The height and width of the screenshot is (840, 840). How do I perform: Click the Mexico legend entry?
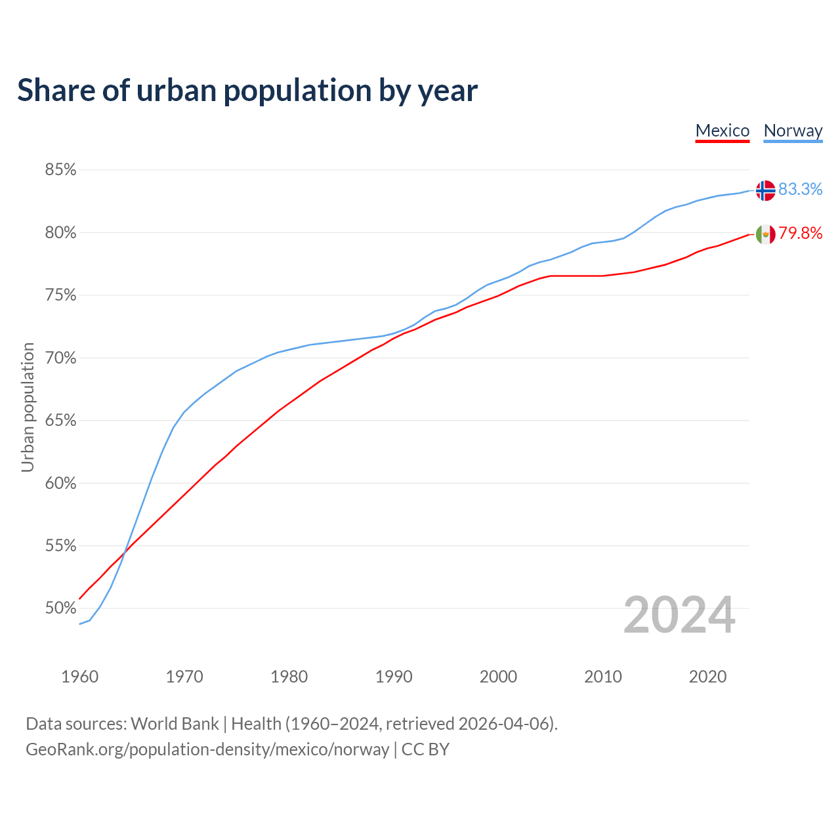click(722, 131)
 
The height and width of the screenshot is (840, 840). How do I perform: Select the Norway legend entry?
click(793, 131)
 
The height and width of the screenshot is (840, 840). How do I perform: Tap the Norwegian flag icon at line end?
click(765, 190)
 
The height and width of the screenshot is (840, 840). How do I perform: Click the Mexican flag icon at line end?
click(765, 234)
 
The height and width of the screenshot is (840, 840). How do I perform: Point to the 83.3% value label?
click(800, 189)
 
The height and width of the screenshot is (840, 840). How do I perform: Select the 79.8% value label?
click(800, 234)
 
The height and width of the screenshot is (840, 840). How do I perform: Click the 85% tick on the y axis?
click(60, 170)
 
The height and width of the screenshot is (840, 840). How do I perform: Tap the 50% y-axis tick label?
click(60, 608)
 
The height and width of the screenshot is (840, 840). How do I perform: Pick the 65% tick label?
click(60, 421)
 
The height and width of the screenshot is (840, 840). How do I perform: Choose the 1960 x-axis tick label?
click(80, 677)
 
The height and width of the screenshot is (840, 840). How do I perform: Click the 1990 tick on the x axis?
click(394, 677)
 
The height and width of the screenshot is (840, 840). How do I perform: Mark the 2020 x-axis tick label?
click(707, 677)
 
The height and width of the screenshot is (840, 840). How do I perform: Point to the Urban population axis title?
click(28, 407)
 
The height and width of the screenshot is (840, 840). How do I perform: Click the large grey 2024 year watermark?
click(679, 615)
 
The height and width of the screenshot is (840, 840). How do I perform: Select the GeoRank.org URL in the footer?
click(207, 749)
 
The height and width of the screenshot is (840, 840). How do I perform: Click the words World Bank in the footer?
click(175, 724)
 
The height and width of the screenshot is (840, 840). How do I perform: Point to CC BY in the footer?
click(425, 749)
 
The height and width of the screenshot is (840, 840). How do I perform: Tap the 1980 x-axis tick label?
click(289, 677)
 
